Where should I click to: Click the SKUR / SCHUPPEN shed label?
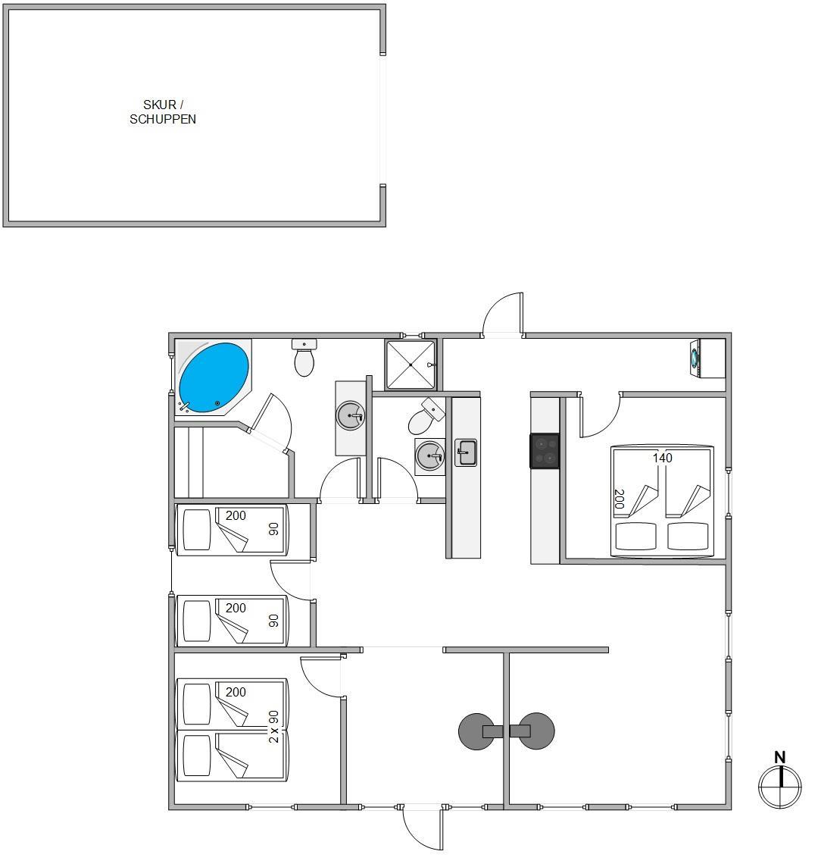click(x=163, y=111)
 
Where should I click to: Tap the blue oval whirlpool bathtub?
click(x=214, y=377)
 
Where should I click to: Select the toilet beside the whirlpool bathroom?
click(x=304, y=358)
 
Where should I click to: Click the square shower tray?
click(x=410, y=365)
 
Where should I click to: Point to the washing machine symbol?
click(x=695, y=358)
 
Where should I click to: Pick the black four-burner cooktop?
click(x=545, y=451)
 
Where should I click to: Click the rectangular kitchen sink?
click(x=466, y=452)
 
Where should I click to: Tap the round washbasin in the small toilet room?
click(x=430, y=457)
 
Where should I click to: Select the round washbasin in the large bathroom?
click(x=351, y=416)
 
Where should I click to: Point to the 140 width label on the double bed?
click(x=662, y=458)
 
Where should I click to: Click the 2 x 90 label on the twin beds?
click(x=273, y=727)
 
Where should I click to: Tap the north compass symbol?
click(x=780, y=786)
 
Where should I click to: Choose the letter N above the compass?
click(x=780, y=757)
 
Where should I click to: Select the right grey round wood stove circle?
click(x=536, y=731)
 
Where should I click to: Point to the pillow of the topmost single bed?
click(x=197, y=530)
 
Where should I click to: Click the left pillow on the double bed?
click(x=636, y=537)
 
